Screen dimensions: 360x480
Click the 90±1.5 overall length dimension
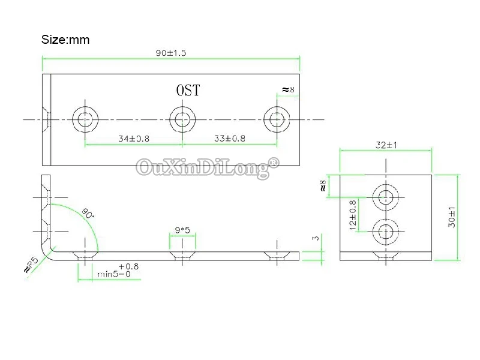point(171,53)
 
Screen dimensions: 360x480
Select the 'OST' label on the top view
point(188,91)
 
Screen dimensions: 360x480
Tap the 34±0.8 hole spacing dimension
point(133,139)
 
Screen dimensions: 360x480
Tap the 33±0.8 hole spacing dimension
point(230,139)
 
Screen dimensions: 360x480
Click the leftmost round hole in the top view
point(85,119)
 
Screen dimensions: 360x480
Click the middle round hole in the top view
point(182,119)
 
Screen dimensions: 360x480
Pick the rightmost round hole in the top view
point(277,119)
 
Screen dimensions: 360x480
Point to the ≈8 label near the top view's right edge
point(289,91)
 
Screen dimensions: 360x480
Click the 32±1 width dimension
point(386,145)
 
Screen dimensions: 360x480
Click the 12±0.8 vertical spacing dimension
point(353,214)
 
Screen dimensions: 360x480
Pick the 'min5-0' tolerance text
point(114,275)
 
